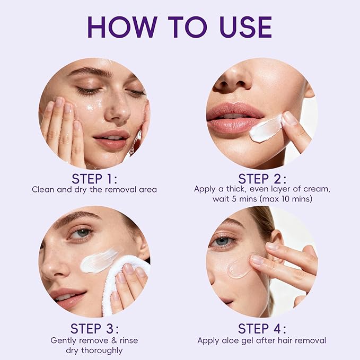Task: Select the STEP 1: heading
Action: coord(94,178)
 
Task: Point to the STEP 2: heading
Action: coord(262,178)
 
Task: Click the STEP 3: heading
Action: coord(94,328)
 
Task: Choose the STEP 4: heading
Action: coord(262,328)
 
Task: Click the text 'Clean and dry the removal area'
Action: coord(94,189)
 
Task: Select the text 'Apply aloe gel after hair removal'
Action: coord(262,340)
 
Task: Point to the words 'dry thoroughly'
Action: coord(94,350)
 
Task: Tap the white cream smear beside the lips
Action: coord(267,129)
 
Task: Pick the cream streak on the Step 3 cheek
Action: coord(99,260)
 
